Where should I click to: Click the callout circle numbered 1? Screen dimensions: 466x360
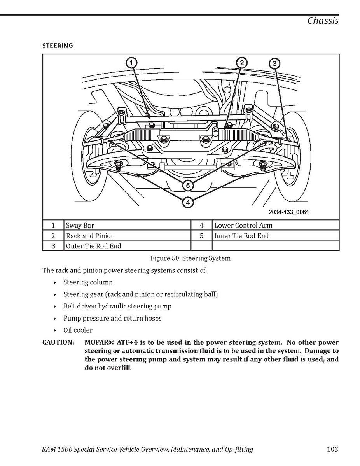click(x=131, y=63)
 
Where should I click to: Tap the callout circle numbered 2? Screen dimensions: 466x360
click(x=241, y=63)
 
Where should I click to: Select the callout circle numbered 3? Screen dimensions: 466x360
click(x=274, y=63)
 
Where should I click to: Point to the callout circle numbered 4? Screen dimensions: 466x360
click(x=188, y=202)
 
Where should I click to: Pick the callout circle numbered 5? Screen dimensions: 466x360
click(x=188, y=186)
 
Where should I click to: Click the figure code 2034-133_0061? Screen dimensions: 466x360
click(x=288, y=212)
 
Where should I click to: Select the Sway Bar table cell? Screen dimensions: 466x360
click(x=80, y=225)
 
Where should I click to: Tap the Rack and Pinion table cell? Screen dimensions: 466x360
click(x=90, y=236)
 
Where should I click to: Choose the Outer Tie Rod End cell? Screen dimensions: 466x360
click(x=93, y=246)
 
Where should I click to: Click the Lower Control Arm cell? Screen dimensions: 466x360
click(x=243, y=225)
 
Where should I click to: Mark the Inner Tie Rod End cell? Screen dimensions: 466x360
click(x=241, y=236)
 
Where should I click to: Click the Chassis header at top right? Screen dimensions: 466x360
click(x=323, y=21)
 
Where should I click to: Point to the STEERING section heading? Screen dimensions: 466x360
click(x=58, y=46)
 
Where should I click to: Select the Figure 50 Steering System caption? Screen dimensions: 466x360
click(x=190, y=258)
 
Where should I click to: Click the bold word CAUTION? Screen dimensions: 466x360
click(x=58, y=343)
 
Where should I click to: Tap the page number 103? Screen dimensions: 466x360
click(x=332, y=449)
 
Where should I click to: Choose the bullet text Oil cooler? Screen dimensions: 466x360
click(x=78, y=330)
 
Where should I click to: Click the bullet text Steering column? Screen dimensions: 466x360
click(x=88, y=282)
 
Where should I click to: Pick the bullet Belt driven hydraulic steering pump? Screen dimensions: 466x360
click(x=117, y=306)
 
